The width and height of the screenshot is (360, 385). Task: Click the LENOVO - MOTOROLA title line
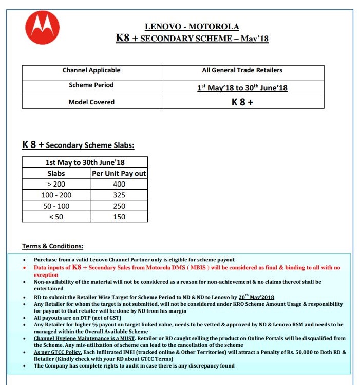click(x=192, y=27)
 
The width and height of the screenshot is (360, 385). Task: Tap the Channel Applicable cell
click(x=91, y=70)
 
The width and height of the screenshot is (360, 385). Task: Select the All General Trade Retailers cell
click(x=242, y=70)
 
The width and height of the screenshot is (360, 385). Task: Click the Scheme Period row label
click(x=91, y=85)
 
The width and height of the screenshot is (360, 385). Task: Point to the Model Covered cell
click(x=91, y=102)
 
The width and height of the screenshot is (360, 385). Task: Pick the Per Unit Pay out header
click(x=119, y=173)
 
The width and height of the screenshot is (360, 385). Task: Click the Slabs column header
click(x=56, y=173)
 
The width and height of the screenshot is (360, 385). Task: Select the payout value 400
click(x=119, y=184)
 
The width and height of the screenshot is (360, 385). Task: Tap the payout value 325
click(x=119, y=195)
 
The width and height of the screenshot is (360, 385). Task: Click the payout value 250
click(x=119, y=206)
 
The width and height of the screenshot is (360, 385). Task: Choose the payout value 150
click(x=119, y=216)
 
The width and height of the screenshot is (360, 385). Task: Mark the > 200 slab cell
click(x=56, y=184)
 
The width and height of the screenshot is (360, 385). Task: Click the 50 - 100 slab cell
click(x=56, y=206)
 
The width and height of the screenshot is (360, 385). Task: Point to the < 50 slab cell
click(x=56, y=216)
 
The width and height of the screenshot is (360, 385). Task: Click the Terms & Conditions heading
click(x=52, y=246)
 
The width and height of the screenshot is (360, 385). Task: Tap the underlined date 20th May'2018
click(x=256, y=297)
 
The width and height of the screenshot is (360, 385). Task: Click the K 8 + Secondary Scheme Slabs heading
click(x=78, y=145)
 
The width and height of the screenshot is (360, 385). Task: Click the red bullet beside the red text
click(x=26, y=268)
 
